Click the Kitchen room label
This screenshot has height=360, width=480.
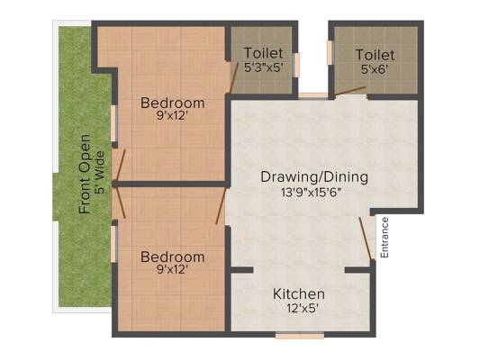299,294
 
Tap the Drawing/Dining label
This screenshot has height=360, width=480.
314,177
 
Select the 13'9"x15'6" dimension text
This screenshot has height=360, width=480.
311,193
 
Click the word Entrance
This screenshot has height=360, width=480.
385,238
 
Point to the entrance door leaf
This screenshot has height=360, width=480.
366,238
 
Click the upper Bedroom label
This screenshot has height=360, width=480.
172,103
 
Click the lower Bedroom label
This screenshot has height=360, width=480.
172,256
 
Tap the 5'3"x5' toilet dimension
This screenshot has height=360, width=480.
263,67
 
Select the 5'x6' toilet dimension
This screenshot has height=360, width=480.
375,69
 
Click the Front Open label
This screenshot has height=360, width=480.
85,174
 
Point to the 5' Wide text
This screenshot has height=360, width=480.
99,173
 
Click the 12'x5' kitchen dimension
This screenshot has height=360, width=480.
301,309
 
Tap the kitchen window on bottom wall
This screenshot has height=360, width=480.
300,336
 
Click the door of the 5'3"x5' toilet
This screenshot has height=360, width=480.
234,77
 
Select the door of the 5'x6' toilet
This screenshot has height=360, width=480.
350,91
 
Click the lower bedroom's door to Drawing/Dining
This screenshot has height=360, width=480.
221,206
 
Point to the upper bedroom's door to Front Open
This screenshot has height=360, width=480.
120,166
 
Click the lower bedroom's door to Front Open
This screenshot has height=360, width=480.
120,202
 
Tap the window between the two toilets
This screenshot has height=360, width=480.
313,95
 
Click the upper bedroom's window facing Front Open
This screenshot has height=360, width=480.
113,123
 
